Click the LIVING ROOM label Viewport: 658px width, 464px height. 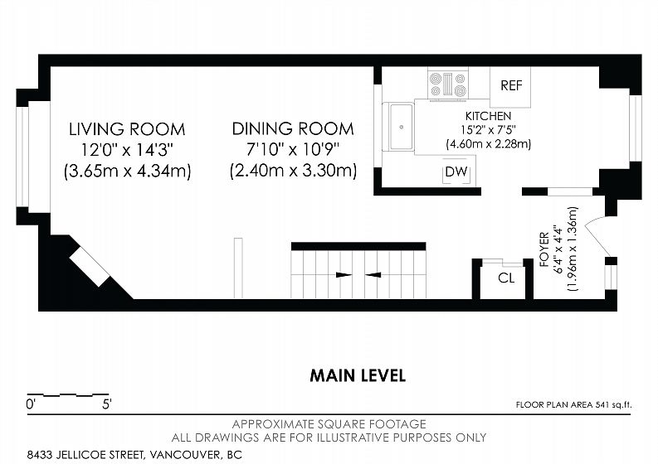[127, 129]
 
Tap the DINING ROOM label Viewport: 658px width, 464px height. [293, 128]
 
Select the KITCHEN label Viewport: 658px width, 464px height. [488, 116]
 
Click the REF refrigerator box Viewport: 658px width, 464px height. [510, 87]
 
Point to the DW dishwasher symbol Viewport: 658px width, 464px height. [456, 171]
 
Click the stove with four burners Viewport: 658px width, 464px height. [448, 84]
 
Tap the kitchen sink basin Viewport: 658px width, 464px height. [401, 127]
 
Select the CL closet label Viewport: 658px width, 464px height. [505, 278]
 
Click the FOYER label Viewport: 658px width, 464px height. [544, 249]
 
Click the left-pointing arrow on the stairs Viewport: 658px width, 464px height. [373, 275]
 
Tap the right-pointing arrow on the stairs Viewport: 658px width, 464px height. [344, 275]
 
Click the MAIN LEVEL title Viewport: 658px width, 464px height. [358, 375]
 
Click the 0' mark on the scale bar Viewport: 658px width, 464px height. [31, 404]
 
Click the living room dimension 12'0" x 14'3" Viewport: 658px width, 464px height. [127, 150]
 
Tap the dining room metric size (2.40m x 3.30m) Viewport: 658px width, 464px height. [294, 171]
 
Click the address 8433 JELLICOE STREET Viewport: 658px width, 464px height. [86, 454]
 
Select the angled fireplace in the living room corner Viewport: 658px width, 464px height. [90, 266]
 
